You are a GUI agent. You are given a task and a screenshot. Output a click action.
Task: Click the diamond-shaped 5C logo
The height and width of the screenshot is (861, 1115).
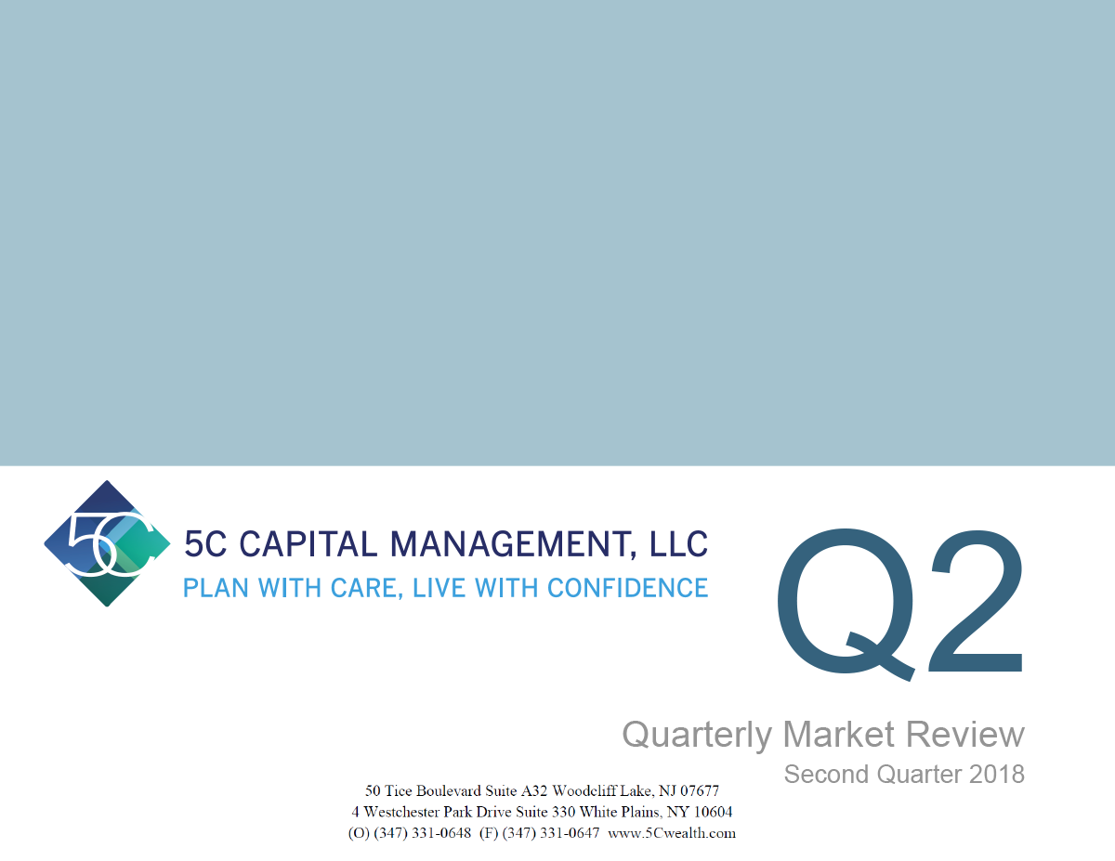pos(107,543)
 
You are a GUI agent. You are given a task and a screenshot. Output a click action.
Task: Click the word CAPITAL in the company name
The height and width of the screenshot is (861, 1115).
pos(307,543)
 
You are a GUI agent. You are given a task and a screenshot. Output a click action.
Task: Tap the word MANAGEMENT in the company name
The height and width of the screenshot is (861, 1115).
pos(509,543)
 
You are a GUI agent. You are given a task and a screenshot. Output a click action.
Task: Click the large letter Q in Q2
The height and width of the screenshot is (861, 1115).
pos(846,604)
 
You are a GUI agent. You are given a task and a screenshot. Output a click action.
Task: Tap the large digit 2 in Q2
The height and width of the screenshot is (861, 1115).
pos(977,601)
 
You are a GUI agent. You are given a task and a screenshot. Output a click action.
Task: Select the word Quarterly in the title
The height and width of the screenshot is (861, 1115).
pos(697,735)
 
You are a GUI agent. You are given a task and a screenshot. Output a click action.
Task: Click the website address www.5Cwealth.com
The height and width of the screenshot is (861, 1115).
pos(672,833)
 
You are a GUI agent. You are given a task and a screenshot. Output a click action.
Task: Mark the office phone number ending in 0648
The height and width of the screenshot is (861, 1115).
pos(422,833)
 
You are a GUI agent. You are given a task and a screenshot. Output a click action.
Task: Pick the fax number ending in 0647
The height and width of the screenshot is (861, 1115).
pos(551,833)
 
